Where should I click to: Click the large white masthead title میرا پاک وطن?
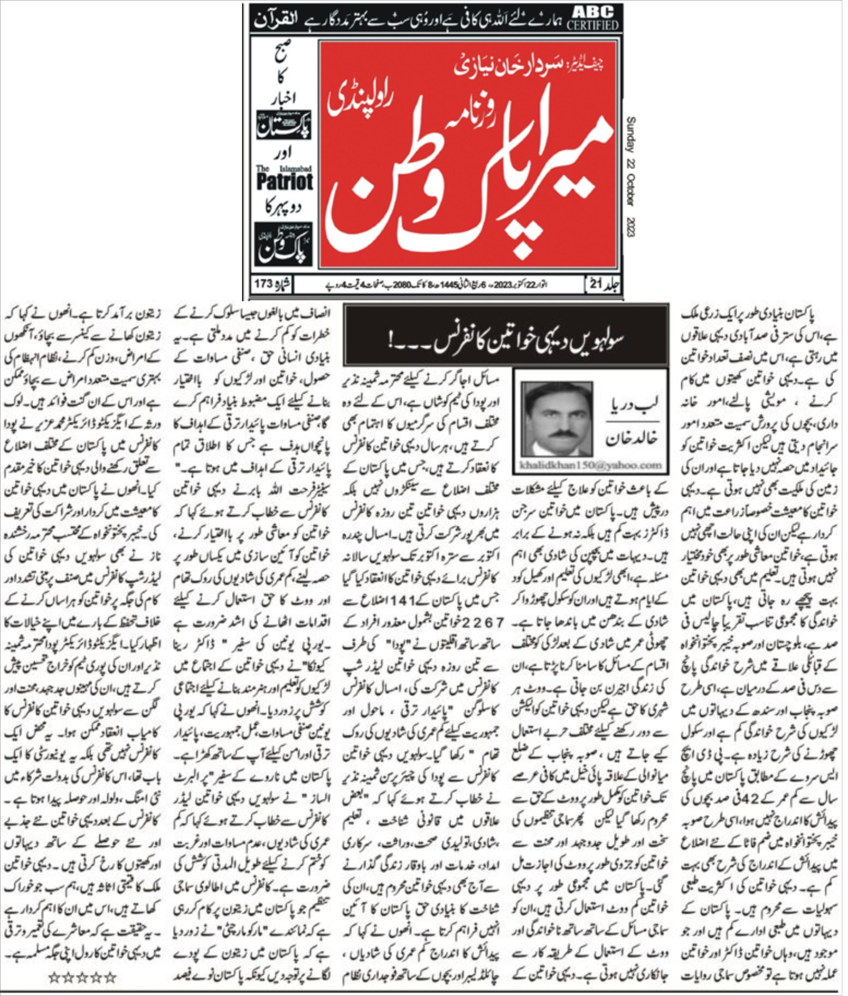pos(473,187)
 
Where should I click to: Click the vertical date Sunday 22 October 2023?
pos(630,177)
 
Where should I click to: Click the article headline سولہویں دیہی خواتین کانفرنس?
pos(506,340)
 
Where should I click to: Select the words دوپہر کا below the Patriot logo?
pos(283,207)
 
